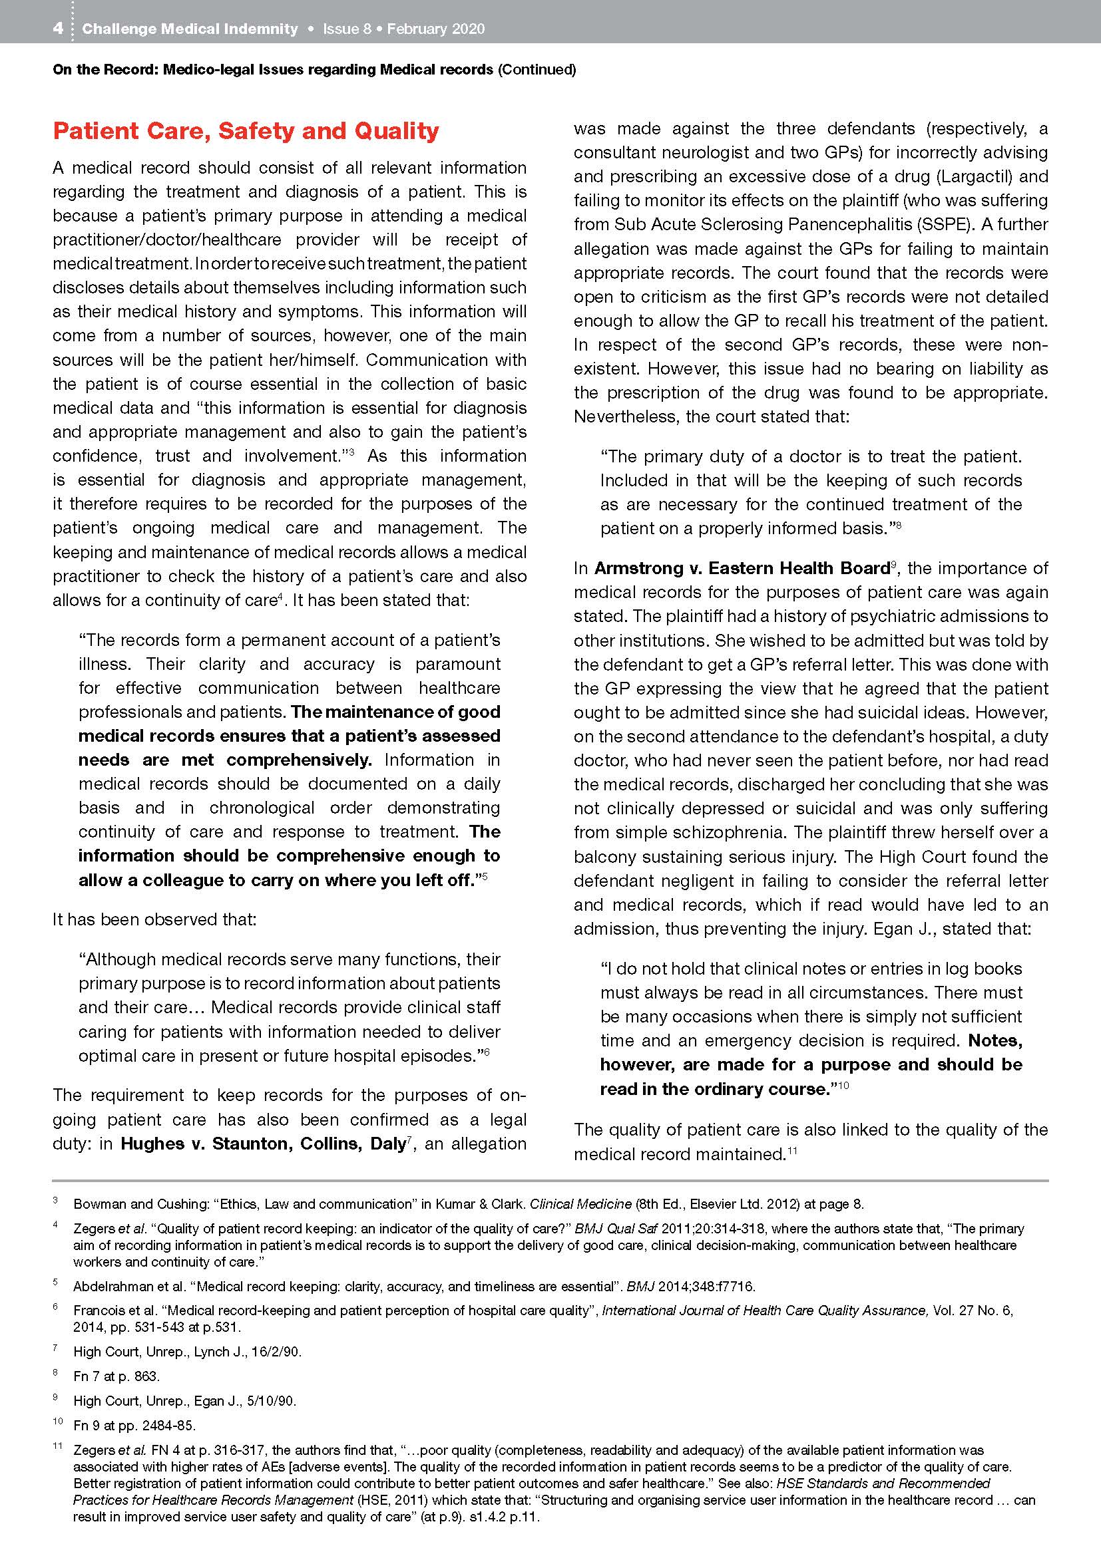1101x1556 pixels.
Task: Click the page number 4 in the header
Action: point(59,29)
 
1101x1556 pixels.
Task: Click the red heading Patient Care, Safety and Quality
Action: point(246,130)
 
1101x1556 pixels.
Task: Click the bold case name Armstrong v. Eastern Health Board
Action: point(742,568)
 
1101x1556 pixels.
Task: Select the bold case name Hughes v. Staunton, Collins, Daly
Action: point(263,1144)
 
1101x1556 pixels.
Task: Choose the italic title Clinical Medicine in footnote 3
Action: point(580,1204)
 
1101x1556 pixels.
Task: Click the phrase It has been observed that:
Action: point(154,919)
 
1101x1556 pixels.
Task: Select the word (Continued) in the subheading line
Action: point(537,69)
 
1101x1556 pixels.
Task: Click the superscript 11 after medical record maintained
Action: point(791,1151)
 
